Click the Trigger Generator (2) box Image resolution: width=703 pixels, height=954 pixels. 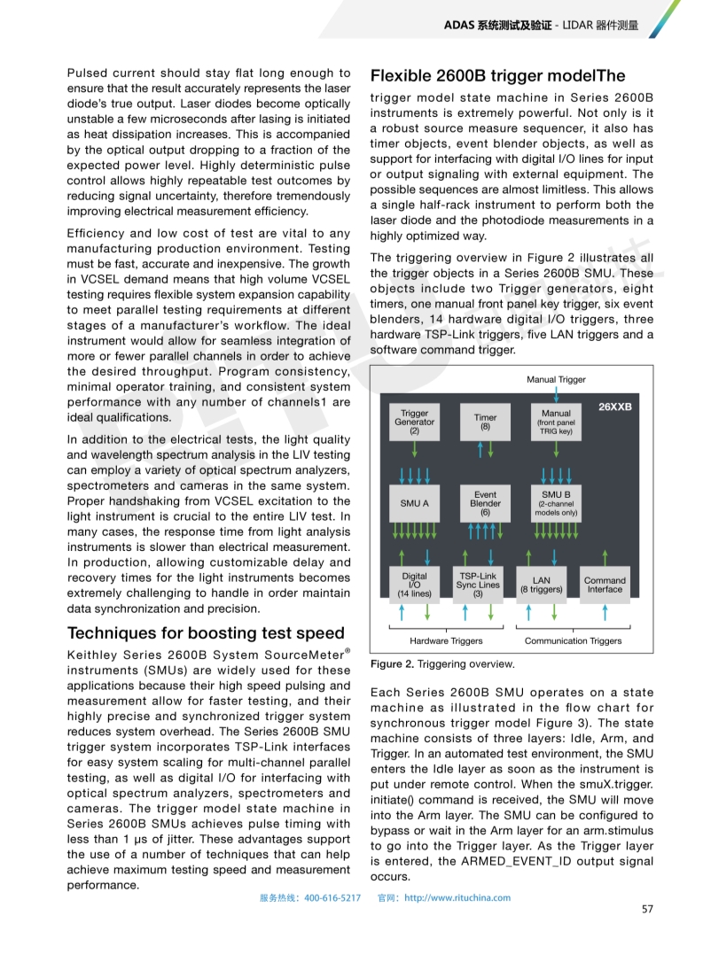click(414, 422)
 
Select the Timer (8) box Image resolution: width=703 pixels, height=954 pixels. click(485, 422)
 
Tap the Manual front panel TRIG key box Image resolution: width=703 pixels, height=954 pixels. click(556, 422)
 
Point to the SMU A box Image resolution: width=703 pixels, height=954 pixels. click(414, 503)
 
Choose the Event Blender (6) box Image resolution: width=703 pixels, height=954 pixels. click(485, 503)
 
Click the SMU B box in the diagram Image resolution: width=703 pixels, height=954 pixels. click(556, 503)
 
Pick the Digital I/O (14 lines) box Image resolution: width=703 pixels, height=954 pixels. click(414, 585)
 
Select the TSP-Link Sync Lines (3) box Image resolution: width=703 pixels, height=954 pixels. click(478, 585)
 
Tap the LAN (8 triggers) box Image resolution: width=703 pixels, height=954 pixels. click(541, 586)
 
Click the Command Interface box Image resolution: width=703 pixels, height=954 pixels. click(605, 586)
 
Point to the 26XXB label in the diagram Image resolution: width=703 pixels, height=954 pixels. click(614, 407)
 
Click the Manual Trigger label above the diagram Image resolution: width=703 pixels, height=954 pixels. click(556, 379)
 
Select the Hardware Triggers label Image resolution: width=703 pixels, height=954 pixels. click(446, 640)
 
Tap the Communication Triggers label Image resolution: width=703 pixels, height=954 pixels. click(573, 640)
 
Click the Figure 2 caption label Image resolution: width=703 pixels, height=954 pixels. click(392, 663)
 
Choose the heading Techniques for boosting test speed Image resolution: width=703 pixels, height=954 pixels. click(206, 632)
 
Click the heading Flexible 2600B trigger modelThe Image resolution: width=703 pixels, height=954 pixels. click(497, 76)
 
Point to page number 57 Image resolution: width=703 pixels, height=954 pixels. click(647, 909)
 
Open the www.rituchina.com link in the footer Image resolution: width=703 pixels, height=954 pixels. click(457, 897)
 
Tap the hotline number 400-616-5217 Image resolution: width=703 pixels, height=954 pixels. click(332, 897)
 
